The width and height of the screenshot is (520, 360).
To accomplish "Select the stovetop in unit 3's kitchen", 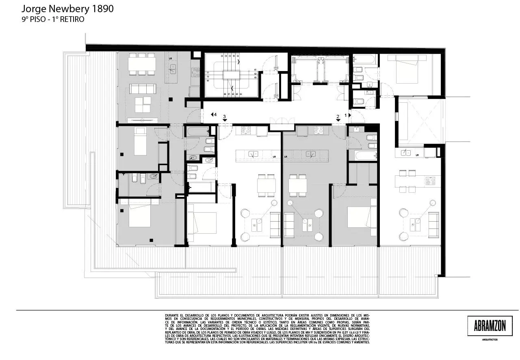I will [246, 130].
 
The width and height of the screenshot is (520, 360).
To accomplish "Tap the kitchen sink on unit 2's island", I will [311, 154].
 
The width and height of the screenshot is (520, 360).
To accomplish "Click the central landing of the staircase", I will [230, 76].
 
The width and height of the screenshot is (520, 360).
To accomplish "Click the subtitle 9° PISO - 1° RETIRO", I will [53, 19].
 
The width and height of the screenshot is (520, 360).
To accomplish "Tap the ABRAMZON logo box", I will [487, 326].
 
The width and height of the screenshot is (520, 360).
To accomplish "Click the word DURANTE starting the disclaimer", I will [172, 315].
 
